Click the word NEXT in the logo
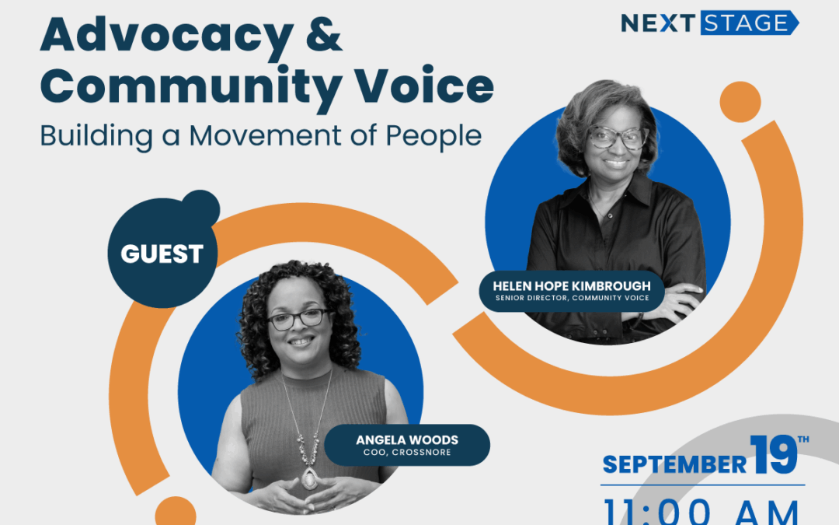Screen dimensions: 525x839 click(x=657, y=23)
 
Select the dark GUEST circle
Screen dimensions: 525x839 click(x=162, y=254)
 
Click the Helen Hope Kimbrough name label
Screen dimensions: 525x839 click(x=572, y=286)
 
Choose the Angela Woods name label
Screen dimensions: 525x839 click(x=407, y=440)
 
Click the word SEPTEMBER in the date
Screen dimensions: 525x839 click(x=674, y=464)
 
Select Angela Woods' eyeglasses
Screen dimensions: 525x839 click(x=298, y=318)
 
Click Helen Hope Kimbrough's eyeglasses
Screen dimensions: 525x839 click(x=618, y=138)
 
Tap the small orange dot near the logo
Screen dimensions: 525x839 click(x=740, y=101)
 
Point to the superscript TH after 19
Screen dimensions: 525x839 click(x=803, y=439)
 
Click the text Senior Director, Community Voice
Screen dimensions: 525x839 click(x=572, y=298)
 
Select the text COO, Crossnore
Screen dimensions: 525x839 click(x=407, y=452)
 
